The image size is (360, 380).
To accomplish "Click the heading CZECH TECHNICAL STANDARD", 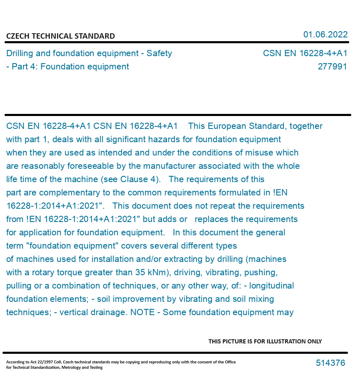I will tap(60, 36).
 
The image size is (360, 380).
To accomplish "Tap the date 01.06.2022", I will tap(325, 35).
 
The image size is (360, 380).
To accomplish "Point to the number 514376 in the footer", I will tap(330, 363).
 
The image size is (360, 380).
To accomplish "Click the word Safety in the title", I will tap(159, 53).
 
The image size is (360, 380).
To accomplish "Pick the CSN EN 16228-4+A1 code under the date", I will tap(305, 53).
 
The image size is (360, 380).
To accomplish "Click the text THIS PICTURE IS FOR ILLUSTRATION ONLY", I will tap(265, 341).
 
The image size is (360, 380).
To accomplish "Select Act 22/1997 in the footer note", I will tap(42, 362).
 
